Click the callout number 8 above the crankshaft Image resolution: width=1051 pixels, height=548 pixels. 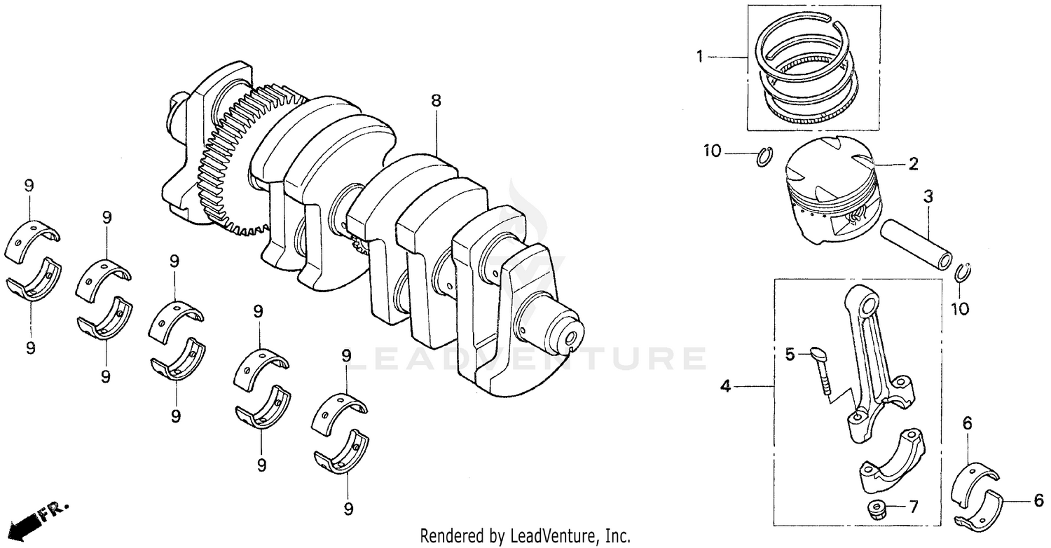[x=436, y=101]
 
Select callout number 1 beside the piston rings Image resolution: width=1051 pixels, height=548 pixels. [x=699, y=57]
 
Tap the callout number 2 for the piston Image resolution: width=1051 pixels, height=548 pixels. [x=913, y=164]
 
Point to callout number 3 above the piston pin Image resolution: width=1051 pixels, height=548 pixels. [x=928, y=198]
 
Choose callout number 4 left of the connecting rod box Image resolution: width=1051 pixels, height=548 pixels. [x=726, y=386]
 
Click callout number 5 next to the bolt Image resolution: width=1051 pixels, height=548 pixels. [x=790, y=355]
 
